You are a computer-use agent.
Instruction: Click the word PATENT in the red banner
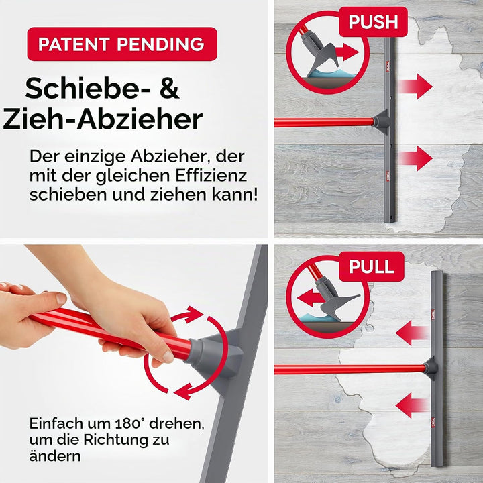tap(74, 44)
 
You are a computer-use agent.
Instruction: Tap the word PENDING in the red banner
tap(160, 44)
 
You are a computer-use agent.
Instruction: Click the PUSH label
tap(374, 22)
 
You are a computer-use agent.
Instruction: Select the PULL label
tap(372, 266)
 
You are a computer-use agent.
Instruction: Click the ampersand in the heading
tap(169, 89)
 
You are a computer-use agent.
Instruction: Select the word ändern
tap(55, 456)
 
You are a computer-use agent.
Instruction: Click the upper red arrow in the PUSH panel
tap(415, 87)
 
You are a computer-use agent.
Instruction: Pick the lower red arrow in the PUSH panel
tap(415, 158)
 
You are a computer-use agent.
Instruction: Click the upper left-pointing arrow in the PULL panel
tap(412, 333)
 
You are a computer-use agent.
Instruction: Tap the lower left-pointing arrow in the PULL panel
tap(412, 405)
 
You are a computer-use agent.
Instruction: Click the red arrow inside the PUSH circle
tap(347, 52)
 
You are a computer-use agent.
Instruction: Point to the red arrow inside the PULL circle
tap(309, 298)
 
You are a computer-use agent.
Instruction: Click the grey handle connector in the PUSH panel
tap(381, 121)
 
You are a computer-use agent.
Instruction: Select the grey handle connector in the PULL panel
tap(430, 368)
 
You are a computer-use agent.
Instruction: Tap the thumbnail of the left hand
tap(61, 298)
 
